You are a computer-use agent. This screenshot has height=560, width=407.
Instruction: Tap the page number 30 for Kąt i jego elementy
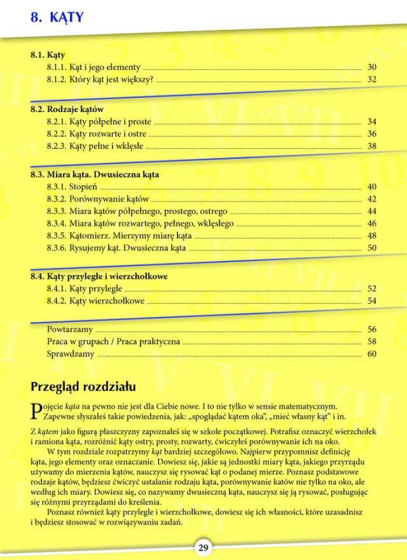pyautogui.click(x=372, y=67)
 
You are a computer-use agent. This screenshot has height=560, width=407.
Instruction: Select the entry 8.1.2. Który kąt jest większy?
pyautogui.click(x=100, y=80)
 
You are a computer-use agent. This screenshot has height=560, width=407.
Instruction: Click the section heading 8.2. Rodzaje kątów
pyautogui.click(x=67, y=109)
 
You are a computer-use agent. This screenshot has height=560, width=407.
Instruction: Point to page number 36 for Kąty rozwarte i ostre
pyautogui.click(x=372, y=134)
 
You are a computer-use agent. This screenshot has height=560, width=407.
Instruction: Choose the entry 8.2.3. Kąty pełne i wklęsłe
pyautogui.click(x=95, y=146)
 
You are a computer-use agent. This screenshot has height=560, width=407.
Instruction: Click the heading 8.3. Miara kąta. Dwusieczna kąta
pyautogui.click(x=95, y=174)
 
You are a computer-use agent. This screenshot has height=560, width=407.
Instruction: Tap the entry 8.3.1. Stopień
pyautogui.click(x=72, y=186)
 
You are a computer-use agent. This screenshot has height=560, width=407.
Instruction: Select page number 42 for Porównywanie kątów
pyautogui.click(x=372, y=199)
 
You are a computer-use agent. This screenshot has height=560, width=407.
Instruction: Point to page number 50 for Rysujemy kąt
pyautogui.click(x=372, y=248)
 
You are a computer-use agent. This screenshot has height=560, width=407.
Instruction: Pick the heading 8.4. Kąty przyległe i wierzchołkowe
pyautogui.click(x=99, y=276)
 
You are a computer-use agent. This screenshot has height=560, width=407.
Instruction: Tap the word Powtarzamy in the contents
pyautogui.click(x=70, y=330)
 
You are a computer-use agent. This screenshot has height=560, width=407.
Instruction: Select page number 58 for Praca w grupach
pyautogui.click(x=372, y=342)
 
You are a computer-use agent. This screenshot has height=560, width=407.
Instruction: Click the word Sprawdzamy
pyautogui.click(x=71, y=354)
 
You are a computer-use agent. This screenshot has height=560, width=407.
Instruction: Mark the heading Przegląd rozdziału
pyautogui.click(x=83, y=386)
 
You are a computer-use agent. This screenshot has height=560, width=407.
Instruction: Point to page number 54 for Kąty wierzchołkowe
pyautogui.click(x=372, y=300)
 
